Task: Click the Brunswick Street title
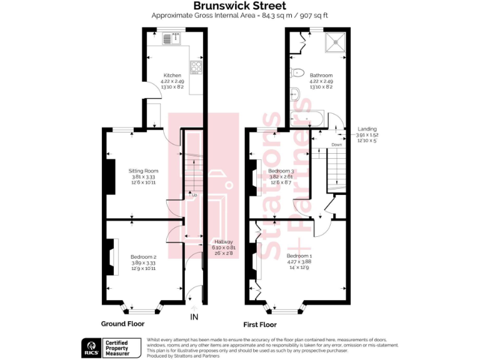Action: pos(240,6)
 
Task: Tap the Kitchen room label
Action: pos(172,76)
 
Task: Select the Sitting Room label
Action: pos(144,171)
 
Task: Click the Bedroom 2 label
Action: pos(143,257)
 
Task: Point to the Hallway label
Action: pos(223,242)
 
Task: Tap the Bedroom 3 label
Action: pos(281,171)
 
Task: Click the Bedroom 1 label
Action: pos(299,256)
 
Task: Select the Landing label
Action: pos(367,129)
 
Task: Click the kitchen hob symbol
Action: pos(196,67)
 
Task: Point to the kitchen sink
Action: pos(171,39)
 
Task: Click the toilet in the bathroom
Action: pos(297,72)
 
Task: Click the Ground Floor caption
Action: pos(122,324)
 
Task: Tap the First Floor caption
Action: pos(260,324)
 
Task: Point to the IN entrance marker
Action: pos(194,317)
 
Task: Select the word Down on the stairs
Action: pos(337,145)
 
